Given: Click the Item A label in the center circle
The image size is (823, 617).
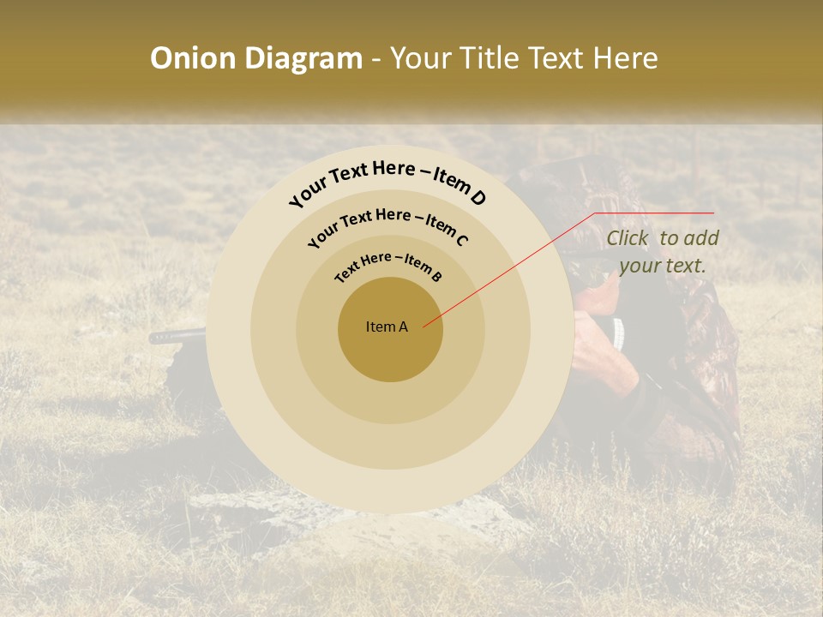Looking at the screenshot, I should pos(387,326).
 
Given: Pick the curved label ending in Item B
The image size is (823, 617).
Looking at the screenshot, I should pos(388,265).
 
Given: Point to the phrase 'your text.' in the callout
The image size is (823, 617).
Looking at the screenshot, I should pos(662,266).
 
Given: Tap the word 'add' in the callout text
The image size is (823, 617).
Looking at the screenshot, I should pos(702,239).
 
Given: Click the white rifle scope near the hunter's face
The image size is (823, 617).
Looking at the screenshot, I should pos(618,332).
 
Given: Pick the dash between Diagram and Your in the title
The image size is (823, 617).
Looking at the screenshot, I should pos(376,58).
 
